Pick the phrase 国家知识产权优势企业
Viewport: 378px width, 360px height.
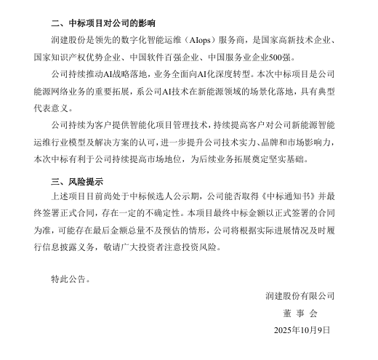(68, 57)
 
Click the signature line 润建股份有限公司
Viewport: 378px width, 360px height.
(299, 295)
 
